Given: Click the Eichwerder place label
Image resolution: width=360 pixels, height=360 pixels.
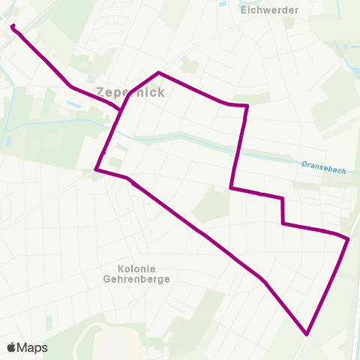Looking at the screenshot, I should (270, 10).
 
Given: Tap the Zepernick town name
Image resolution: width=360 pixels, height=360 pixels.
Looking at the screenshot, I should (130, 92).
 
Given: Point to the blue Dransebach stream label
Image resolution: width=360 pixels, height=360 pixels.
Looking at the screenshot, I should (324, 166).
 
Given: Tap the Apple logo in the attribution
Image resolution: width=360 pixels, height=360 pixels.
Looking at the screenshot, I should (12, 347).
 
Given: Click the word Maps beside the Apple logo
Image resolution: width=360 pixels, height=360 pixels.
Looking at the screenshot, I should (33, 347).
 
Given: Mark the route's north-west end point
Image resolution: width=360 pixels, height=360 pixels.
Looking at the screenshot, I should (13, 26).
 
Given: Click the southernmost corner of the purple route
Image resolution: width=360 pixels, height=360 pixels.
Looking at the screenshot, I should (307, 334).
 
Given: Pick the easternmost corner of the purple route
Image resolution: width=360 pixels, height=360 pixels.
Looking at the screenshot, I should (348, 238).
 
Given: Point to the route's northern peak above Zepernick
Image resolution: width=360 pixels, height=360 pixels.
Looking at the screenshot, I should (158, 73).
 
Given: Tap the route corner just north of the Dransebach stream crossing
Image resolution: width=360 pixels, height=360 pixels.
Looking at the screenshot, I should (247, 106).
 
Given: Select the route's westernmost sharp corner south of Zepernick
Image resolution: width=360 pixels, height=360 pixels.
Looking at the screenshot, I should (96, 169).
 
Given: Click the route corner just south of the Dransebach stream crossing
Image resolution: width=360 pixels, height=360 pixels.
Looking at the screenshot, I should (231, 188).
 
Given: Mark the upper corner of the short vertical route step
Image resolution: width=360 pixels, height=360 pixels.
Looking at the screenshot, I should (282, 199).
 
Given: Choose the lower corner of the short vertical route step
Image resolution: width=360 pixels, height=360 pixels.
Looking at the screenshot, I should (283, 223).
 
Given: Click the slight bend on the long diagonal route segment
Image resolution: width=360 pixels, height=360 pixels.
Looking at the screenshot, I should (263, 280).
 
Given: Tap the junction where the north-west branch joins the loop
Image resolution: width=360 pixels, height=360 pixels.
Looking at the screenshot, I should (122, 109).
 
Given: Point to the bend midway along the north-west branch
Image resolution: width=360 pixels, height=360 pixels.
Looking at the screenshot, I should (71, 86).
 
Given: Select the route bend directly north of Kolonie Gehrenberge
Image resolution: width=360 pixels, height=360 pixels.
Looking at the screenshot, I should (129, 178).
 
